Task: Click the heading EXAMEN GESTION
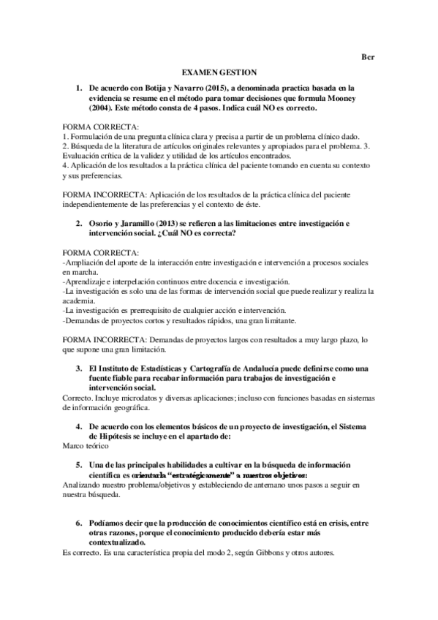coord(219,72)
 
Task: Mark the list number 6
coord(79,523)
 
